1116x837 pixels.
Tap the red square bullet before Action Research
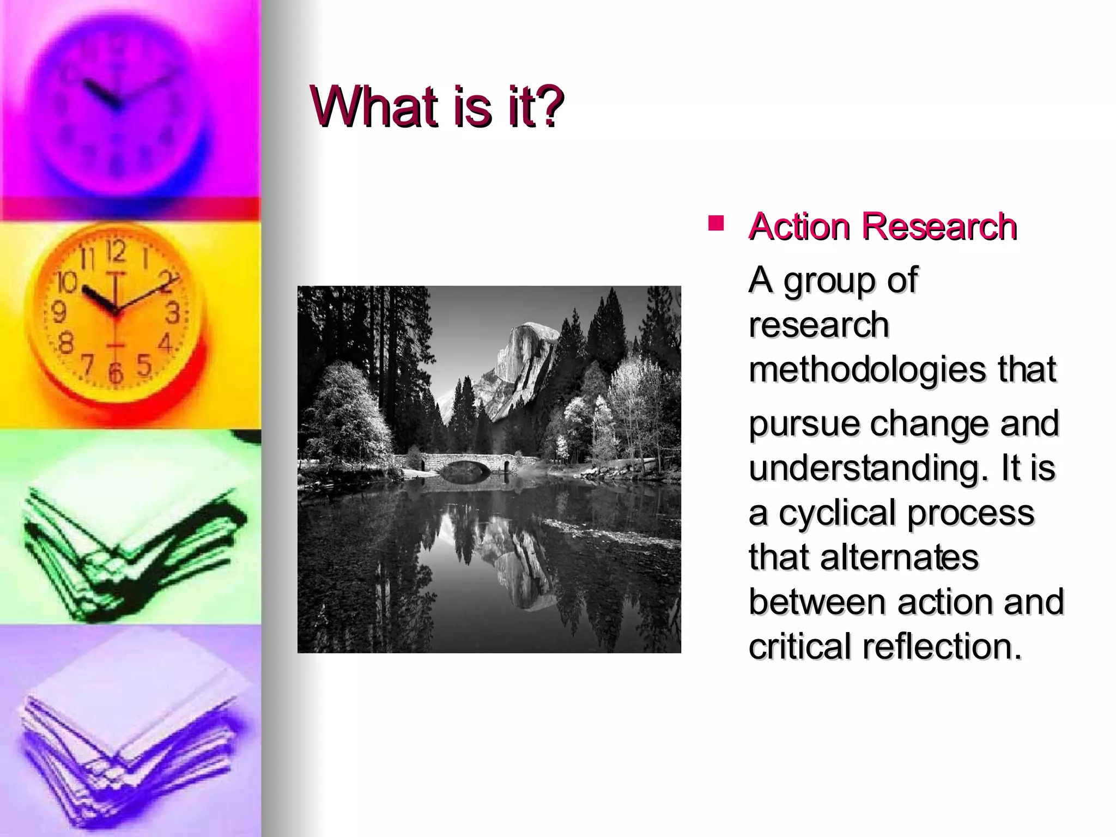click(x=715, y=223)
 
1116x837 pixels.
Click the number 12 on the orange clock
click(x=116, y=252)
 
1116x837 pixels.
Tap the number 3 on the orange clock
click(x=172, y=313)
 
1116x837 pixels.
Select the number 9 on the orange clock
click(x=59, y=312)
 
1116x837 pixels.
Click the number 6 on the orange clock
click(x=116, y=374)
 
